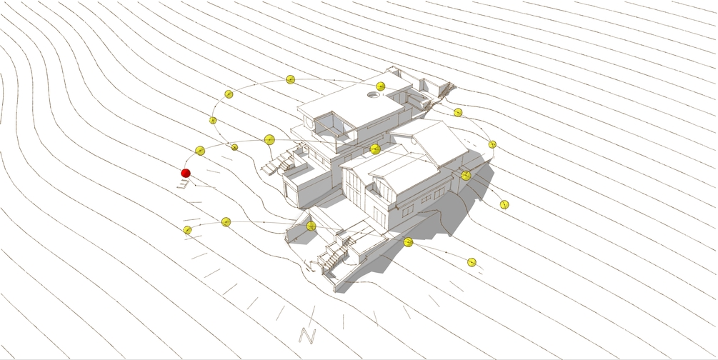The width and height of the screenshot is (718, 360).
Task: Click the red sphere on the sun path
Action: (186, 173)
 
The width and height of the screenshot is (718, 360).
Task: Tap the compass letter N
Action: (308, 335)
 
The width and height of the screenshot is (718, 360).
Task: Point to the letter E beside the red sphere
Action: (183, 184)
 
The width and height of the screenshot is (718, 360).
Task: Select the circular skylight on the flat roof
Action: (374, 95)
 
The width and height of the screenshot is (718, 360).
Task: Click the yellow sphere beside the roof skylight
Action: (381, 86)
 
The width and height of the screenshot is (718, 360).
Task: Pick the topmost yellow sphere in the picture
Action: (290, 80)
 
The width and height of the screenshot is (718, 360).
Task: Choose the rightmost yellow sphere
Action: (504, 205)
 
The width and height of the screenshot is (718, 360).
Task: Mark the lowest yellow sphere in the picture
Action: (472, 262)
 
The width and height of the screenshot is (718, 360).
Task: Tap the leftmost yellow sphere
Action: (187, 230)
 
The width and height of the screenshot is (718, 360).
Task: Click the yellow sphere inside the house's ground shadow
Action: (408, 242)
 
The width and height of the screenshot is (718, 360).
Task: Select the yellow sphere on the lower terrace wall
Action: (311, 226)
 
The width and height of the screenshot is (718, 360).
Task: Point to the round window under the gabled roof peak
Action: (414, 141)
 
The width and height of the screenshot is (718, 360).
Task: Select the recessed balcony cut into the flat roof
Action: (332, 124)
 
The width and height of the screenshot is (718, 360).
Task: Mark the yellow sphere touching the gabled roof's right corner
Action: (466, 176)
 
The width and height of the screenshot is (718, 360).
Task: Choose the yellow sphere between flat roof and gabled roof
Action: (375, 149)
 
